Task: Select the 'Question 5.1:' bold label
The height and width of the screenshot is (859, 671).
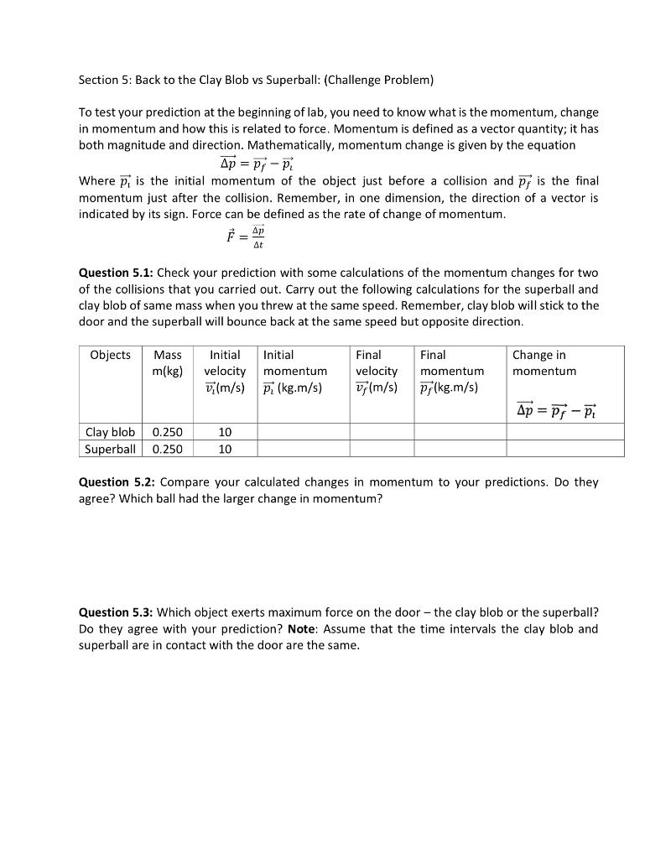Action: (116, 273)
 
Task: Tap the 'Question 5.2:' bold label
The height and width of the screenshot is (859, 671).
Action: (116, 482)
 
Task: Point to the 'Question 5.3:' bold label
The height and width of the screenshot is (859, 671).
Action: (116, 612)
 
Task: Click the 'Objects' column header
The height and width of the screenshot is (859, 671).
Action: (110, 355)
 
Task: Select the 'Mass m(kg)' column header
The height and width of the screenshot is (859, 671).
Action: (168, 362)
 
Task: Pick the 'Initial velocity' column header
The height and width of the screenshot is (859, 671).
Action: (225, 362)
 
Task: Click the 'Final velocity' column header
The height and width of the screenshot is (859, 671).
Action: (377, 362)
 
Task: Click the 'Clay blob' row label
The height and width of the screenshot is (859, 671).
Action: (110, 432)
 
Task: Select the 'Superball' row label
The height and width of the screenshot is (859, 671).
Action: (110, 449)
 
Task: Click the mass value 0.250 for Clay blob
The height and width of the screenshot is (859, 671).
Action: (168, 432)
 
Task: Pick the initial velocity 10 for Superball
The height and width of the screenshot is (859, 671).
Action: (225, 449)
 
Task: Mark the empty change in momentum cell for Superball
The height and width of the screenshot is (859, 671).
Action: (565, 449)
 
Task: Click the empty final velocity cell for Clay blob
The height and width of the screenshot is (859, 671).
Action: (382, 432)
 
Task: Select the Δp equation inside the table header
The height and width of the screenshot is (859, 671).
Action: (556, 411)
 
